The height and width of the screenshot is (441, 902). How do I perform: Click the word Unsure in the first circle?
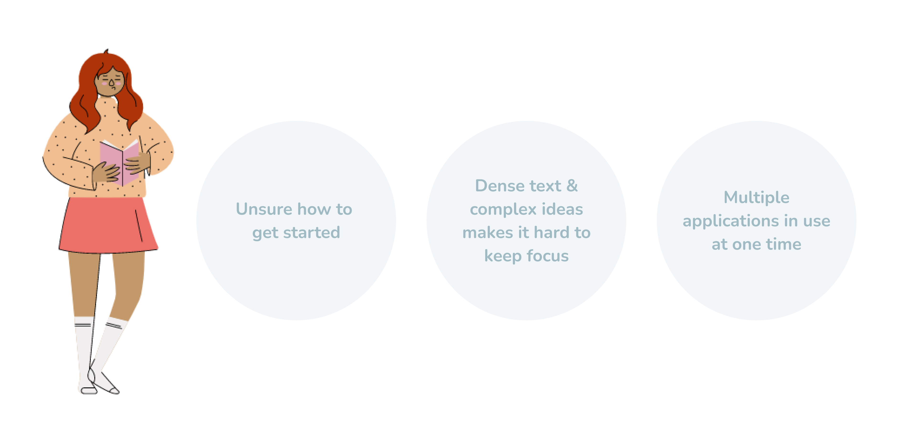coord(264,209)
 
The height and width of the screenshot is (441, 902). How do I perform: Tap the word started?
coord(312,233)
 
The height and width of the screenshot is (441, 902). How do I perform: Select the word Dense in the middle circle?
coord(500,186)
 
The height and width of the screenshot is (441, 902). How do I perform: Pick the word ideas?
coord(562,209)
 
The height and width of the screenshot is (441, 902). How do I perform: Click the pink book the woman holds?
coord(120,163)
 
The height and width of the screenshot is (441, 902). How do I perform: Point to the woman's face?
coord(110,83)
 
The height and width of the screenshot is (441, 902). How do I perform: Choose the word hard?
coord(551,233)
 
